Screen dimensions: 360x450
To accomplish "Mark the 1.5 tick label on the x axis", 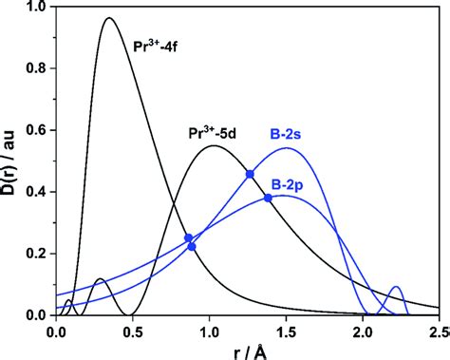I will [286, 332].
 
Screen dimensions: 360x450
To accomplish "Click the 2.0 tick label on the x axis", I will [363, 332].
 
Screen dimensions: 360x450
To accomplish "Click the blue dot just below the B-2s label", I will [250, 174].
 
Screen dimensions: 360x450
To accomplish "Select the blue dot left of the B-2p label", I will [268, 198].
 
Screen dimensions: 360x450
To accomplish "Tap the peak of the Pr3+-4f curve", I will [109, 18].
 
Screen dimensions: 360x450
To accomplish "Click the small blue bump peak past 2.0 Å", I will [397, 287].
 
